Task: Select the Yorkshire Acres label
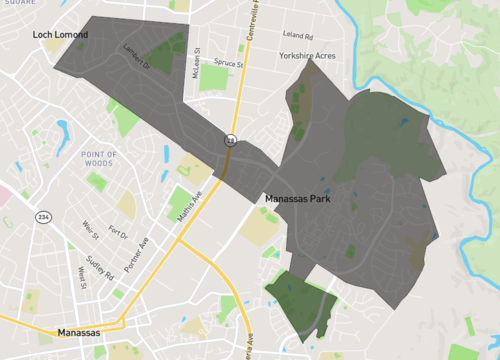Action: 307,56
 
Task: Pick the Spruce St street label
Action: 228,63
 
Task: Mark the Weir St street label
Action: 91,231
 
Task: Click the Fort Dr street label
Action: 118,233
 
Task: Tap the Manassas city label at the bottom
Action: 79,332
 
